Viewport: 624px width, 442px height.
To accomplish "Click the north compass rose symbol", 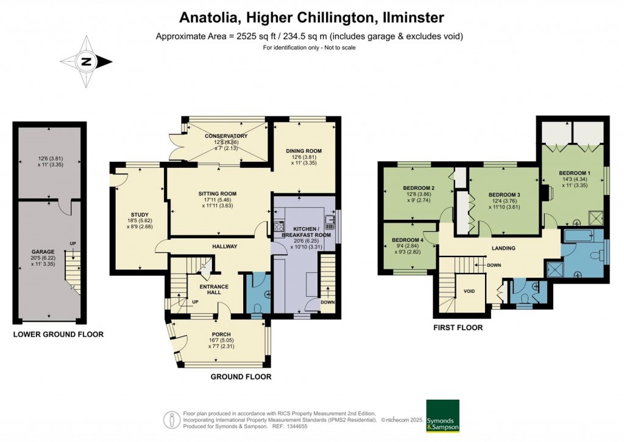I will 86,61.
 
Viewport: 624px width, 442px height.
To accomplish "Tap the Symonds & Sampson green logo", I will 442,416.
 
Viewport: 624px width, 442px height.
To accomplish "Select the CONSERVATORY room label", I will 226,136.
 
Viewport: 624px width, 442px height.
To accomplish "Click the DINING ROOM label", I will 303,151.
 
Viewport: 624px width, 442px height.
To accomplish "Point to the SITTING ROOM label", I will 217,194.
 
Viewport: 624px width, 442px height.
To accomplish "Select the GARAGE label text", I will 43,252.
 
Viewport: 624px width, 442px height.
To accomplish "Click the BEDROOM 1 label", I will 574,173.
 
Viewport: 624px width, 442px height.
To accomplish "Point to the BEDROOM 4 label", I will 408,240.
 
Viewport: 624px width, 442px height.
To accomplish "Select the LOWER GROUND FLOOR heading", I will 58,335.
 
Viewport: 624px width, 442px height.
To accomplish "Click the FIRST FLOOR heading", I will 458,328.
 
